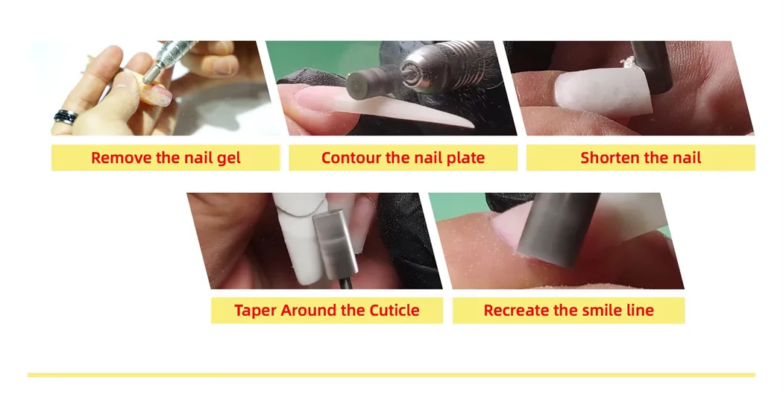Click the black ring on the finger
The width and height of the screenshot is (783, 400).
tap(66, 117)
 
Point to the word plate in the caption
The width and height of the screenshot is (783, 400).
tap(465, 159)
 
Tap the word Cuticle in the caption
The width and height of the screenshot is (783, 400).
tap(394, 310)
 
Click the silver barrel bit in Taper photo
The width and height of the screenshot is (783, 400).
tap(335, 244)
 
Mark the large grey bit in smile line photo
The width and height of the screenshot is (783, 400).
tap(557, 229)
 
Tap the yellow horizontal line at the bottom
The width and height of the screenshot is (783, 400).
tap(391, 375)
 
